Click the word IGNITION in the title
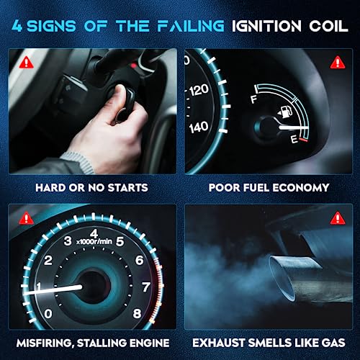[x=266, y=26]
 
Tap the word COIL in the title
[x=328, y=26]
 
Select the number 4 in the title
[x=17, y=26]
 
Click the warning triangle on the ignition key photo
[x=27, y=63]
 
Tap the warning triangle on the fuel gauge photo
[x=338, y=63]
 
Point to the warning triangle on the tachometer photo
[x=26, y=218]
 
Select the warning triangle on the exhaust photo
[x=338, y=218]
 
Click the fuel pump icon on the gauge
[x=286, y=112]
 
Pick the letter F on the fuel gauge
[x=254, y=99]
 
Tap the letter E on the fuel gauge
[x=294, y=139]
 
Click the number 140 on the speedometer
[x=199, y=127]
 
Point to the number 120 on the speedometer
[x=199, y=90]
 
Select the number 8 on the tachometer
[x=137, y=313]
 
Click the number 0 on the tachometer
[x=48, y=314]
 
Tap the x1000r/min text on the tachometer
[x=94, y=241]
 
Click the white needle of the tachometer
[x=53, y=289]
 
